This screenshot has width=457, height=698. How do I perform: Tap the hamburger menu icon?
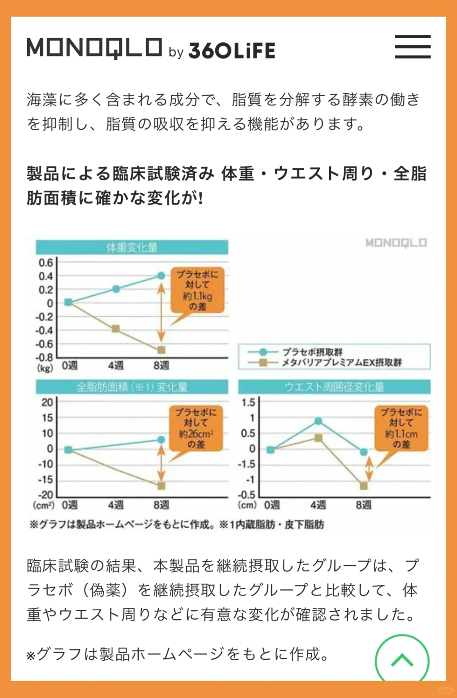(x=413, y=47)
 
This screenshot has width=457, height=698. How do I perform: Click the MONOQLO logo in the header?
(x=94, y=48)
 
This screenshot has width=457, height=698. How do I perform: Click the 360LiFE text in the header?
(x=232, y=51)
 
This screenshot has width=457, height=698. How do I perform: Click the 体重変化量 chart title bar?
(x=132, y=247)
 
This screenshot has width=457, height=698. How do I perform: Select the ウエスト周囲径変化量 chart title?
(x=334, y=387)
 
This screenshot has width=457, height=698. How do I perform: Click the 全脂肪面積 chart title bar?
(x=132, y=387)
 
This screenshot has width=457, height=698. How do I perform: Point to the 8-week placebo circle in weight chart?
(x=161, y=276)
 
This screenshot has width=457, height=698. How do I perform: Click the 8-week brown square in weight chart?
(x=161, y=350)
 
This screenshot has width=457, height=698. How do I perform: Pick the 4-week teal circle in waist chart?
(x=318, y=421)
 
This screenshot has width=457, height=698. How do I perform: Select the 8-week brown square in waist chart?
(x=363, y=486)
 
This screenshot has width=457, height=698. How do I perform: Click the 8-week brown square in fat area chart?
(x=161, y=486)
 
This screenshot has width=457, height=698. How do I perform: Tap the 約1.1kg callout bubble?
(x=197, y=290)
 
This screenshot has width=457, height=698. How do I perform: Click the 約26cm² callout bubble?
(x=196, y=428)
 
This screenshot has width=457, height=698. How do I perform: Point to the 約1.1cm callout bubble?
(x=401, y=428)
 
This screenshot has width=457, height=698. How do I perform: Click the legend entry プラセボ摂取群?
(x=312, y=352)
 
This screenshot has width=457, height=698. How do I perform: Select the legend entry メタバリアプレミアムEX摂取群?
(x=342, y=363)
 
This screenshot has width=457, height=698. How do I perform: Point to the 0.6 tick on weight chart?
(x=46, y=263)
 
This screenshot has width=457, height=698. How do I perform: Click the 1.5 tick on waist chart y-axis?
(x=248, y=402)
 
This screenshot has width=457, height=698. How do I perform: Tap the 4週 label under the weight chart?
(x=116, y=365)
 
